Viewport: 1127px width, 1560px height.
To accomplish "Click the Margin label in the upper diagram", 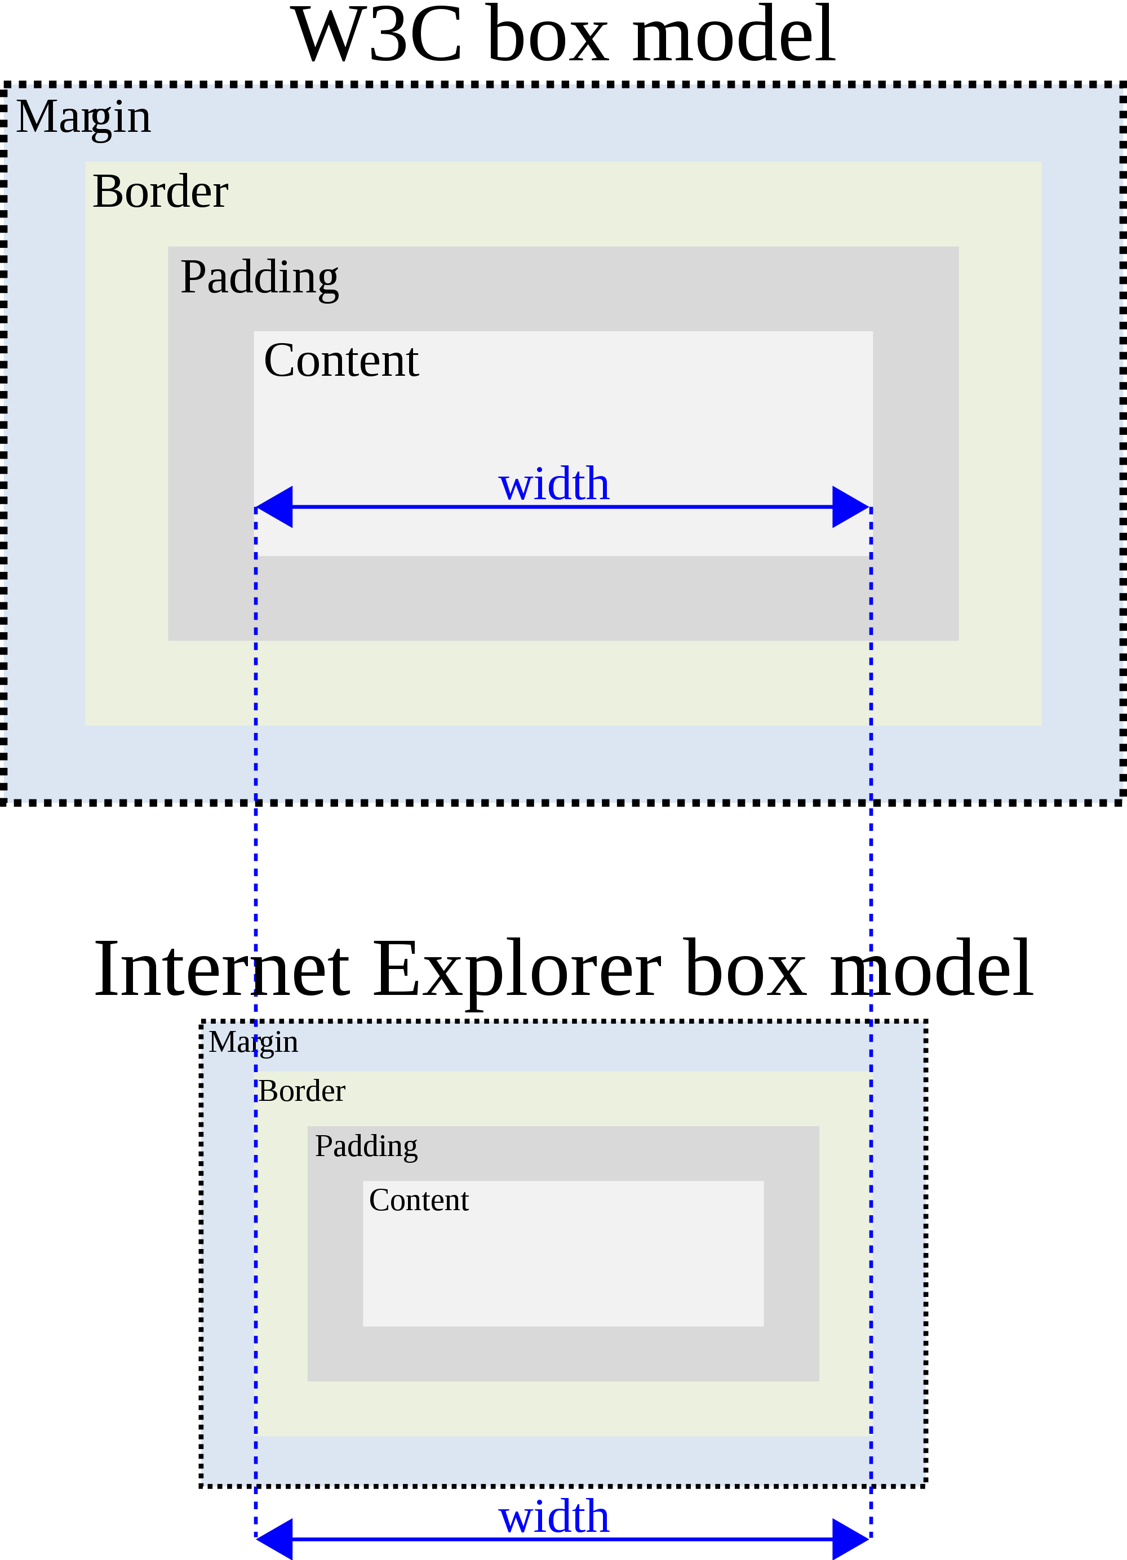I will pyautogui.click(x=83, y=117).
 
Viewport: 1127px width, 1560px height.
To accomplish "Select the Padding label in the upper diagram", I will pyautogui.click(x=259, y=277).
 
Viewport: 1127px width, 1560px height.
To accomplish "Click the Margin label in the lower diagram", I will pyautogui.click(x=253, y=1042).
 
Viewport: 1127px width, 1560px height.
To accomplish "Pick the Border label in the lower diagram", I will pyautogui.click(x=301, y=1091).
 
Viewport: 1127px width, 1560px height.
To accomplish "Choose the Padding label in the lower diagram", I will pyautogui.click(x=366, y=1146).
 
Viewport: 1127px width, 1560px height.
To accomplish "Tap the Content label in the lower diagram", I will pyautogui.click(x=418, y=1200).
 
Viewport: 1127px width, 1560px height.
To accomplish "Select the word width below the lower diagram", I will pyautogui.click(x=554, y=1517).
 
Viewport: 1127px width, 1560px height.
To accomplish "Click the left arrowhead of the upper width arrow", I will pyautogui.click(x=275, y=507).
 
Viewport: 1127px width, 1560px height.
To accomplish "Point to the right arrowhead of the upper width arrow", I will pyautogui.click(x=850, y=507).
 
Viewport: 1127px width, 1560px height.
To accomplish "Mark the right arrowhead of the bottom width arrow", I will pyautogui.click(x=850, y=1539).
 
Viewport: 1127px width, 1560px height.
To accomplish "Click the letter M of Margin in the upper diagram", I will pyautogui.click(x=34, y=117).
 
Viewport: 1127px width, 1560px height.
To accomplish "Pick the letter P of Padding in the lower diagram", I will pyautogui.click(x=323, y=1146).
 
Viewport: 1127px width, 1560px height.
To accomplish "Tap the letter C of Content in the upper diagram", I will pyautogui.click(x=281, y=361).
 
